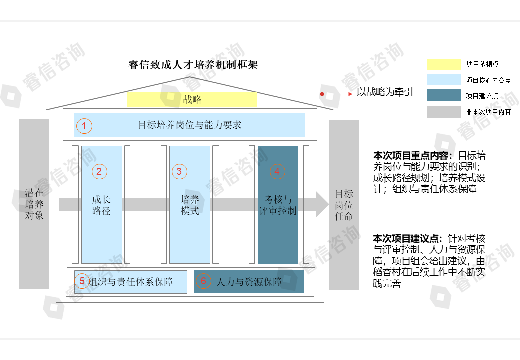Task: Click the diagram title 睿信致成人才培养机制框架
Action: pos(193,65)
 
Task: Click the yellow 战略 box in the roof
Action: pos(192,99)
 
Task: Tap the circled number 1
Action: pos(84,126)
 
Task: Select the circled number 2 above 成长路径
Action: pos(99,172)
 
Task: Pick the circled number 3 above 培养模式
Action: pos(179,172)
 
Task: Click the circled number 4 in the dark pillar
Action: pos(277,172)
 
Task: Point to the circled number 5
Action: pos(82,281)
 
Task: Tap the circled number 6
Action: pos(203,281)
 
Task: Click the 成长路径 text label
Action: pos(101,205)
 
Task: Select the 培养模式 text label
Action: pos(190,205)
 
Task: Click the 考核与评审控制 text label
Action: pos(278,205)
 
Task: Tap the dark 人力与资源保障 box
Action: pos(249,282)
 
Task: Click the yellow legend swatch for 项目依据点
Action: pos(443,65)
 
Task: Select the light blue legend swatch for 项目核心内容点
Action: pos(443,80)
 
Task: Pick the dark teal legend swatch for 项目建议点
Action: pos(443,95)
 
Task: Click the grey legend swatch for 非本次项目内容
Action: pos(443,112)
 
